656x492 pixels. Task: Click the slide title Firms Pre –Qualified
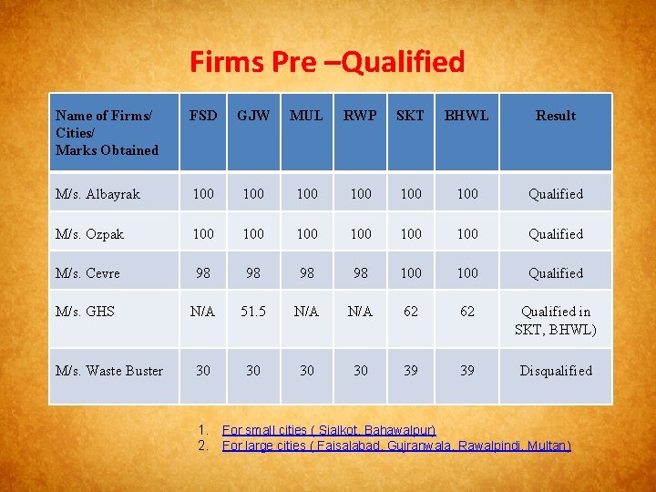coord(327,62)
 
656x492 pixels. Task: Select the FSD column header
coord(203,116)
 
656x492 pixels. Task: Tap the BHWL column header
coord(466,116)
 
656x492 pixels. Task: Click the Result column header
coord(556,116)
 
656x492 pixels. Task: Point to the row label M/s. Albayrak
coord(97,194)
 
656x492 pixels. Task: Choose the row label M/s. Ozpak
coord(89,234)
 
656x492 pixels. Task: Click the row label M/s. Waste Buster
coord(109,371)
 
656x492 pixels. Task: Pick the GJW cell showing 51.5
coord(253,312)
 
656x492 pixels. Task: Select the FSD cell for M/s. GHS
coord(203,312)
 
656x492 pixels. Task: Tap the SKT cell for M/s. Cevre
coord(411,273)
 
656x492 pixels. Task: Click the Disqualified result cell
coord(556,371)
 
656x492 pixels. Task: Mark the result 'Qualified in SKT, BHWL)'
coord(556,321)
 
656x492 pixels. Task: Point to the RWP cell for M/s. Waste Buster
coord(361,371)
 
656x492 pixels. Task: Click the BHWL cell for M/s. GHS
coord(466,312)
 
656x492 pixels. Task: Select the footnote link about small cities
coord(329,429)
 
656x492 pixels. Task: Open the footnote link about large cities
coord(396,446)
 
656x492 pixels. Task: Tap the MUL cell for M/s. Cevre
coord(307,273)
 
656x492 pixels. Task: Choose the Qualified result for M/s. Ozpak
coord(556,234)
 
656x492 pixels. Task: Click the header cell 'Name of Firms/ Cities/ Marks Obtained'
coord(107,132)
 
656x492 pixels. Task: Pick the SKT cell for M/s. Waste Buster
coord(411,371)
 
